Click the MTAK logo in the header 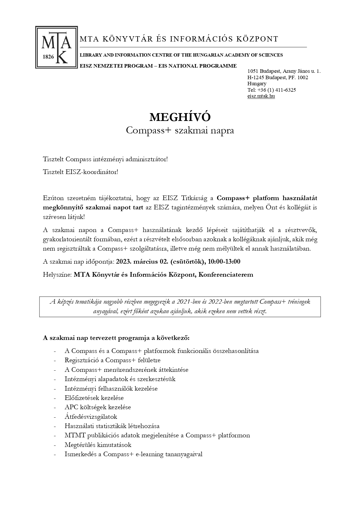point(57,47)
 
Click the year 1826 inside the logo point(48,57)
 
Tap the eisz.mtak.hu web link point(261,96)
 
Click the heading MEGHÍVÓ point(180,117)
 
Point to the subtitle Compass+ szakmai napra point(180,131)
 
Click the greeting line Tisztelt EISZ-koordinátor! point(81,172)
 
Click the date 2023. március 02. point(142,262)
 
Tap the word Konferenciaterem point(226,275)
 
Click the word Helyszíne point(57,275)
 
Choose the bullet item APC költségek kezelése point(98,407)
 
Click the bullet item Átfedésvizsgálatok point(91,417)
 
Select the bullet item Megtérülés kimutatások point(98,445)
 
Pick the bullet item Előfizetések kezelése point(94,398)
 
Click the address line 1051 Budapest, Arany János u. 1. point(284,71)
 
